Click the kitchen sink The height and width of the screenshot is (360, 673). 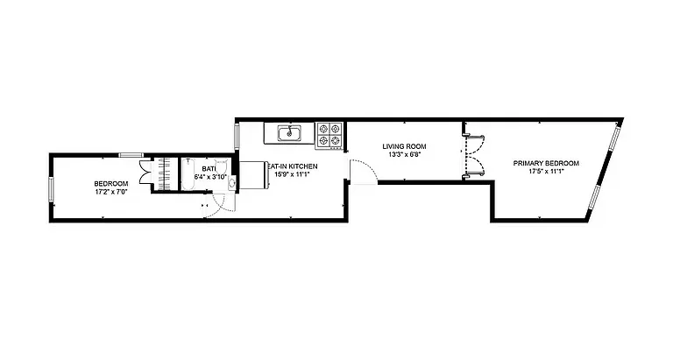[289, 133]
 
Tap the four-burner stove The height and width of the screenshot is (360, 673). [329, 133]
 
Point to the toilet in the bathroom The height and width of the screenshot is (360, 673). [222, 166]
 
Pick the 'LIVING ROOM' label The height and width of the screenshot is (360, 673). [404, 146]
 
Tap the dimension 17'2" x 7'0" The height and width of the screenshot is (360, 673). [110, 192]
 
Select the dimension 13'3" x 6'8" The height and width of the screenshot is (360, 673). [404, 155]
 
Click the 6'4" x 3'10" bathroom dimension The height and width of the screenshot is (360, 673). [210, 176]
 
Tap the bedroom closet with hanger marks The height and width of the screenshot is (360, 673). [164, 173]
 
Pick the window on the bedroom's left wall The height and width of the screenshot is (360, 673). [52, 187]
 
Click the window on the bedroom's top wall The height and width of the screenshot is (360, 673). [131, 154]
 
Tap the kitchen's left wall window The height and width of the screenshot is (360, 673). [237, 137]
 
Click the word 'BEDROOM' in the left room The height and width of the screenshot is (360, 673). [110, 183]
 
